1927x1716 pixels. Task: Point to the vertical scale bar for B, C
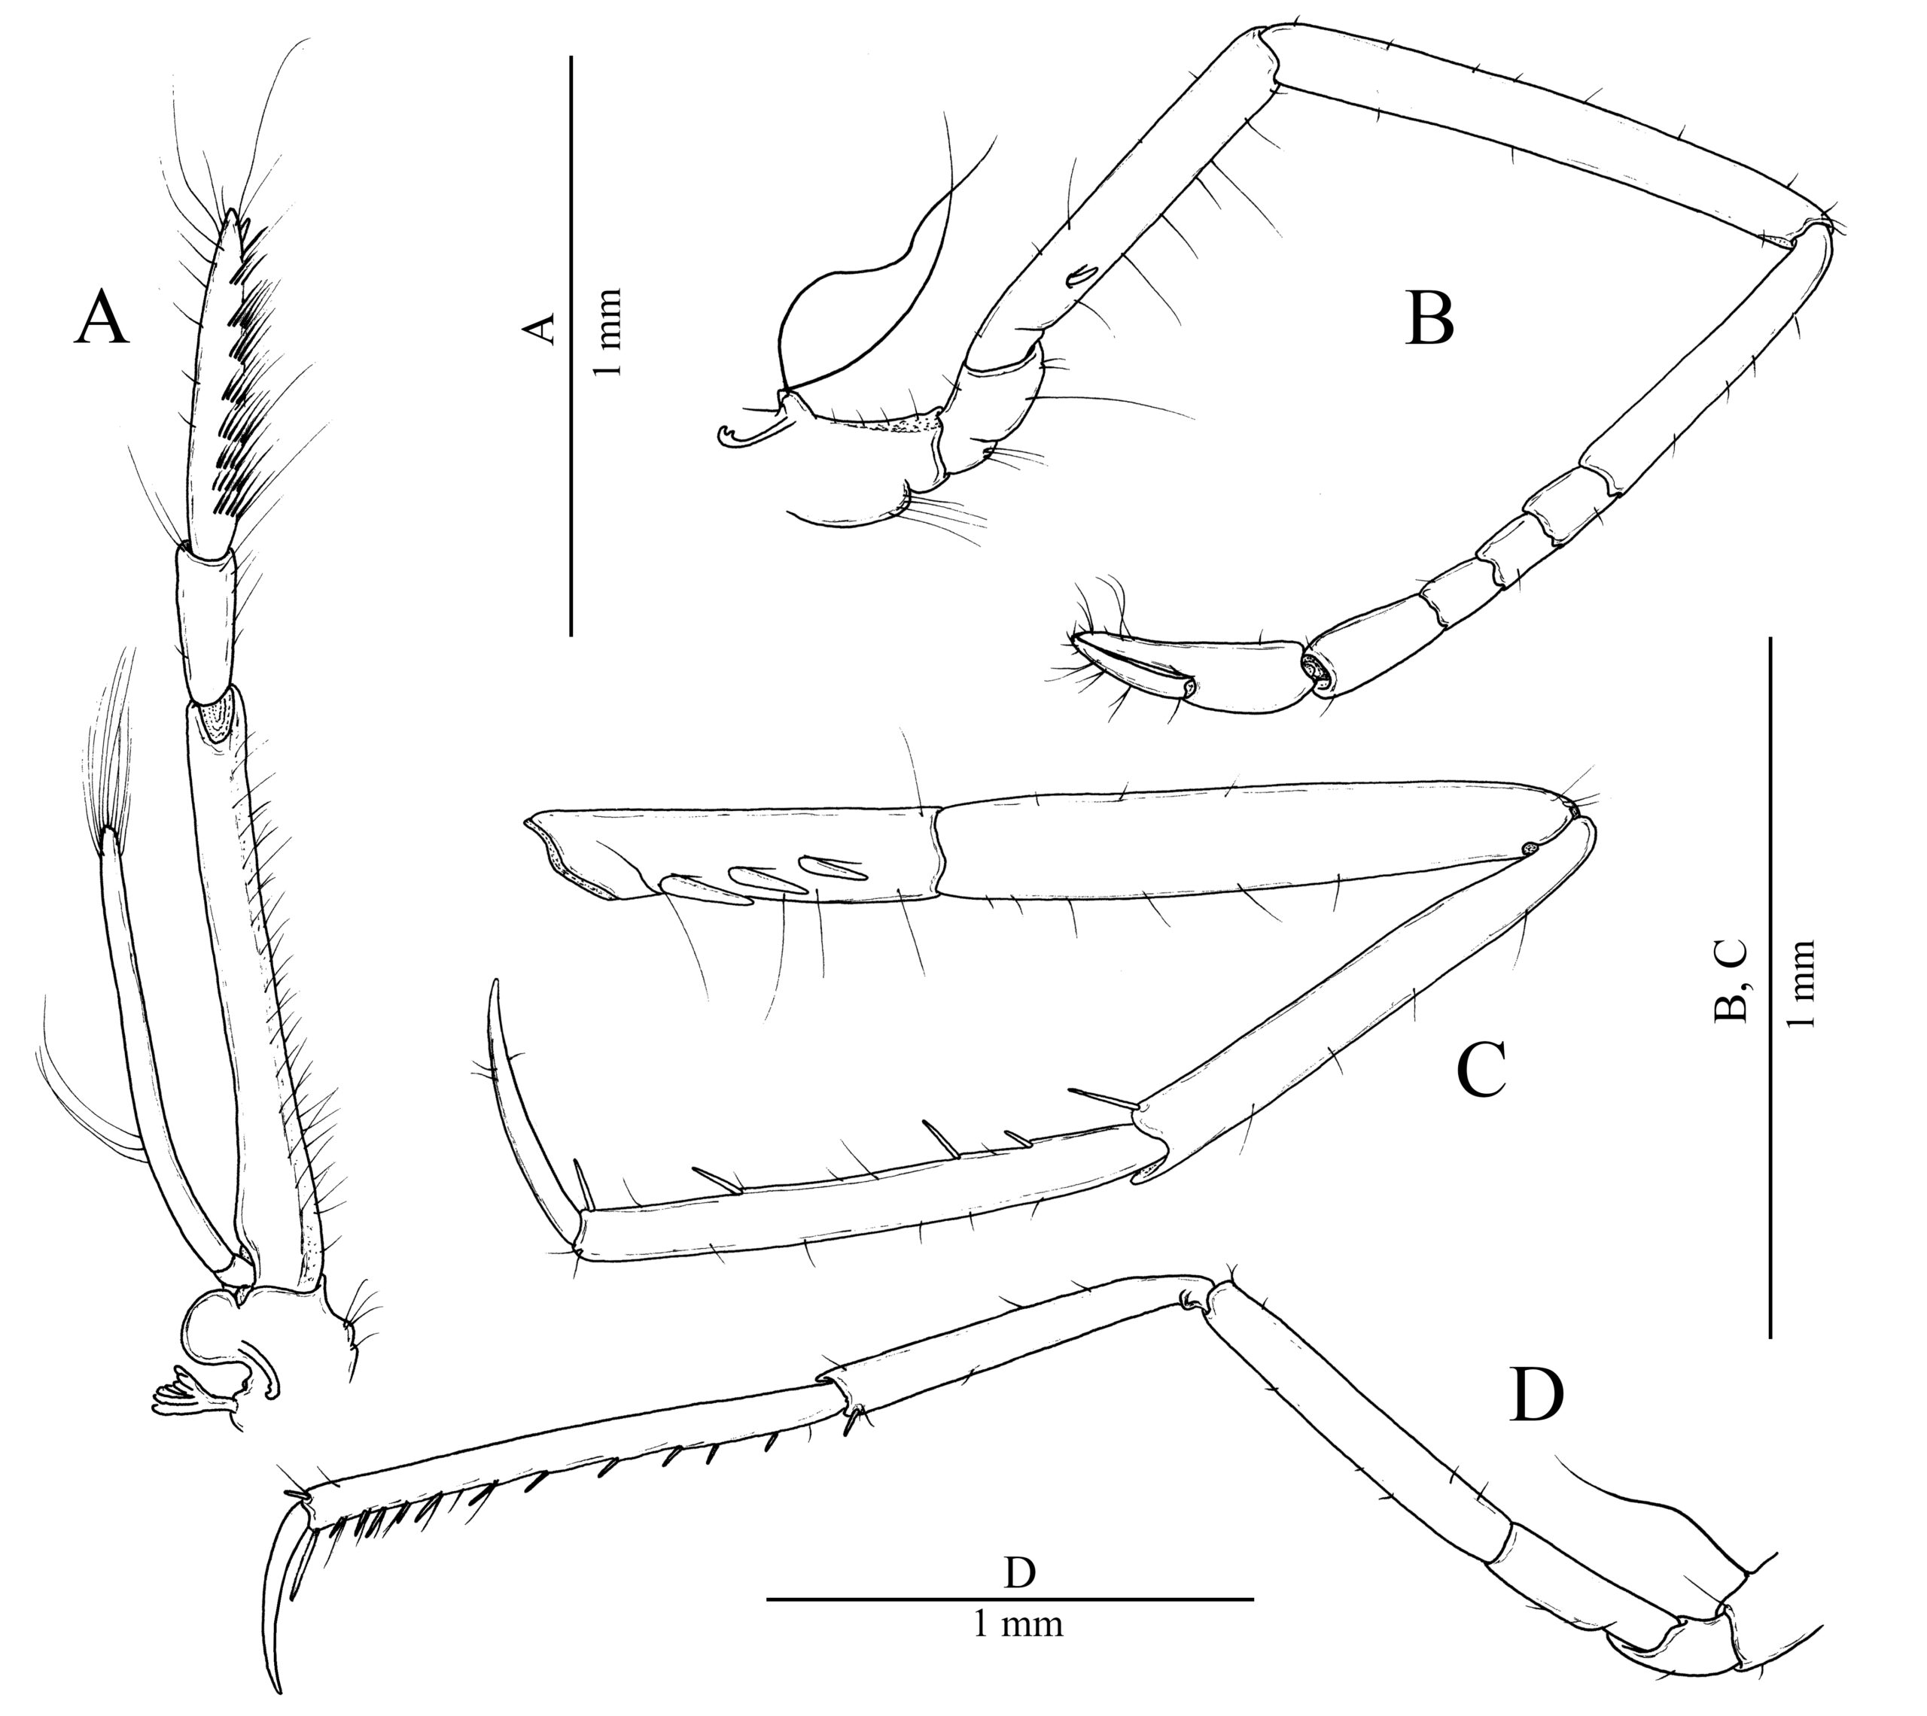[x=1770, y=986]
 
